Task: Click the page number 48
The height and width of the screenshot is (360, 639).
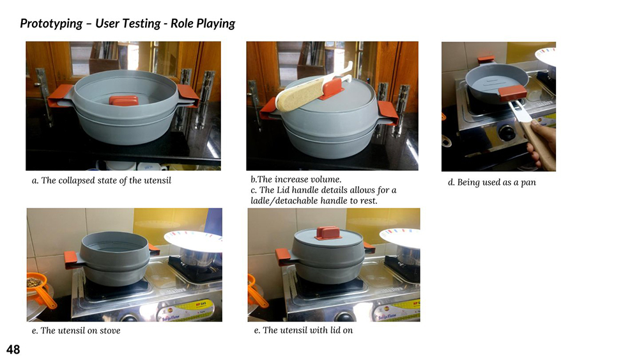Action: point(13,349)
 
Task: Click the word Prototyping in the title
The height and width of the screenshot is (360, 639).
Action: point(51,24)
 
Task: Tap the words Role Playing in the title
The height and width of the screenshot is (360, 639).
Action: point(203,24)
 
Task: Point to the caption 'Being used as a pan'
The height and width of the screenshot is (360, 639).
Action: point(497,182)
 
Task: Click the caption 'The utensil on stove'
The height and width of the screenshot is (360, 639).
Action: point(81,331)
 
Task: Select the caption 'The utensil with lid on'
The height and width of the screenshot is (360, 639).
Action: point(308,330)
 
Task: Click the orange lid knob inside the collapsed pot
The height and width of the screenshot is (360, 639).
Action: point(123,100)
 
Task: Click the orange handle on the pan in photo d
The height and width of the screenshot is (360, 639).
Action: point(512,93)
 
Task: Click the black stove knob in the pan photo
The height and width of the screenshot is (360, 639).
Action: point(507,133)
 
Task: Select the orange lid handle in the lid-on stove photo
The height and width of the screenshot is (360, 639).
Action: point(328,233)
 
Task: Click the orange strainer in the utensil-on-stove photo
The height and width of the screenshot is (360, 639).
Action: point(41,290)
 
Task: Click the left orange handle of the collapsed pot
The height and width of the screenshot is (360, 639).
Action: point(60,96)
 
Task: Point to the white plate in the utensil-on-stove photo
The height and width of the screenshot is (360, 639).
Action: point(193,240)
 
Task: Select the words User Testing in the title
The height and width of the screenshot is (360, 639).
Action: point(128,24)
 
